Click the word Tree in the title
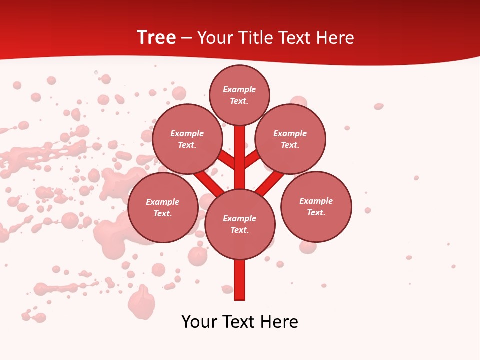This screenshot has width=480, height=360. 156,38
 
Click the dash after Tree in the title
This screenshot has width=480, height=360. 186,38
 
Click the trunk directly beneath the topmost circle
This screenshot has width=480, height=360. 240,150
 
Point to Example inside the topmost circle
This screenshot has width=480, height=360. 239,89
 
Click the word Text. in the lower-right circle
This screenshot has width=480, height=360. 316,212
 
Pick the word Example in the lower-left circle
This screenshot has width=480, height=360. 163,202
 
